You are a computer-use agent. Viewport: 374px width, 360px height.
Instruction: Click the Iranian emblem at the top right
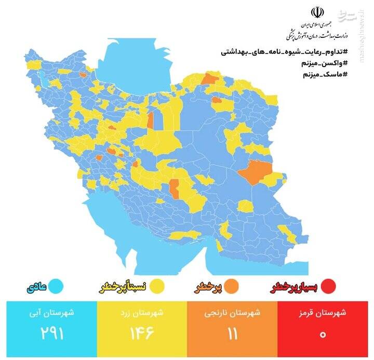tap(316, 13)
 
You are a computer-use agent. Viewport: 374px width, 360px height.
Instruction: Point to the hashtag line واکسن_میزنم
tap(324, 63)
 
